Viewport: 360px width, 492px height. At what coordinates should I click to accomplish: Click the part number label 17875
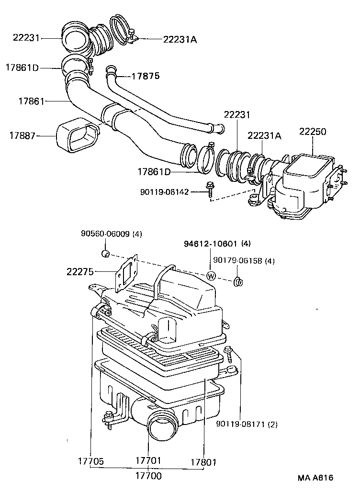point(146,76)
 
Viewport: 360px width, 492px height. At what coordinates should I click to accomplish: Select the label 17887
point(23,135)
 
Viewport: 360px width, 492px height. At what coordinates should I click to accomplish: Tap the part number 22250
point(313,131)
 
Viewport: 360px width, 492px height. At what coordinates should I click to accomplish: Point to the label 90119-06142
point(165,192)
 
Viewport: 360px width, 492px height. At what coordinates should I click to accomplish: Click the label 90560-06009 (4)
point(111,234)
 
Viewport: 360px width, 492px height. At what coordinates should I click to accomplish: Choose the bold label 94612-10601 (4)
point(217,244)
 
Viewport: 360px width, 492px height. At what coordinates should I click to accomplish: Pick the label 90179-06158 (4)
point(244,261)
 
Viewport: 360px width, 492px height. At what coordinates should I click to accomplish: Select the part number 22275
point(80,271)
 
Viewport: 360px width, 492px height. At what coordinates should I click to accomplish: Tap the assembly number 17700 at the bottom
point(148,476)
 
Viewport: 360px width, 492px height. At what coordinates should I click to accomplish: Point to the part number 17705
point(90,462)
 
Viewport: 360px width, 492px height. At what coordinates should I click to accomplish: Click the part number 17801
point(203,462)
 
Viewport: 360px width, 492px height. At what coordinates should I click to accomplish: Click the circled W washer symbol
point(211,276)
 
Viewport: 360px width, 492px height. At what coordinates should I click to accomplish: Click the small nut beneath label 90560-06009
point(106,253)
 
